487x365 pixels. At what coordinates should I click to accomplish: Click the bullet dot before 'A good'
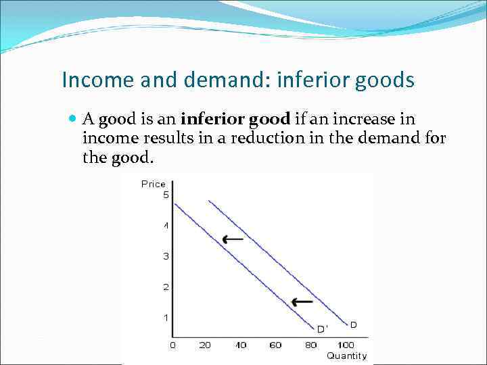(x=73, y=120)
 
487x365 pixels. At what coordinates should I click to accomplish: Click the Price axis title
(x=153, y=184)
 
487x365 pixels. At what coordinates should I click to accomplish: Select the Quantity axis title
(x=346, y=356)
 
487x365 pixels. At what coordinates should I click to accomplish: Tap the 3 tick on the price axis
(x=165, y=256)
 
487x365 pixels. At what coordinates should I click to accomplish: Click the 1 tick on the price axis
(x=165, y=318)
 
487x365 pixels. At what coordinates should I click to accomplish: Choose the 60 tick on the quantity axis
(x=275, y=345)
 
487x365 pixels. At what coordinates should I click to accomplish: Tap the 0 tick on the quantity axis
(x=172, y=345)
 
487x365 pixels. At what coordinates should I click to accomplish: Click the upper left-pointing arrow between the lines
(x=233, y=239)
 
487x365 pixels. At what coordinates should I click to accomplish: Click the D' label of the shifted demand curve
(x=323, y=329)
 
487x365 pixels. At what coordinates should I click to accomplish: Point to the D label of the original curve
(x=353, y=325)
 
